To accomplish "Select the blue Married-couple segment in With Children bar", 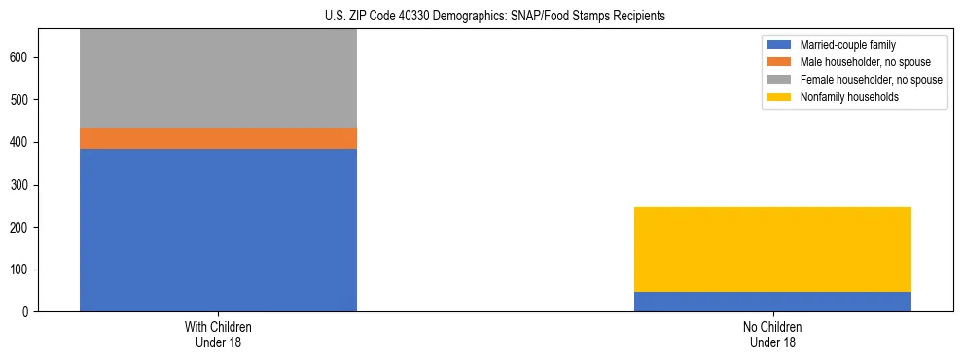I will [x=218, y=230].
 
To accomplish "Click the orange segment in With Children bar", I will [x=218, y=138].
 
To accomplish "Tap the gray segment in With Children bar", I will [x=218, y=79].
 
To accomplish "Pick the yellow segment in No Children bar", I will [x=772, y=249].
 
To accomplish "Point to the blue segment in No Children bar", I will [x=772, y=302].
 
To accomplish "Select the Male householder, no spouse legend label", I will [x=865, y=62].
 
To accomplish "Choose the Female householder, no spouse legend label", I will [x=871, y=80].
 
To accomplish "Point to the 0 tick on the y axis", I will [x=29, y=311].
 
